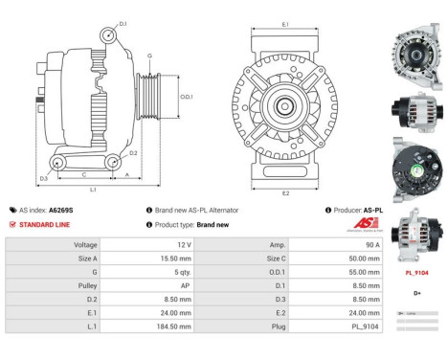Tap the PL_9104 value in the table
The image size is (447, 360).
point(344,326)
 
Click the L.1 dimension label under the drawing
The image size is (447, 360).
point(94,190)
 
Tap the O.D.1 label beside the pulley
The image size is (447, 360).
point(187,96)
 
